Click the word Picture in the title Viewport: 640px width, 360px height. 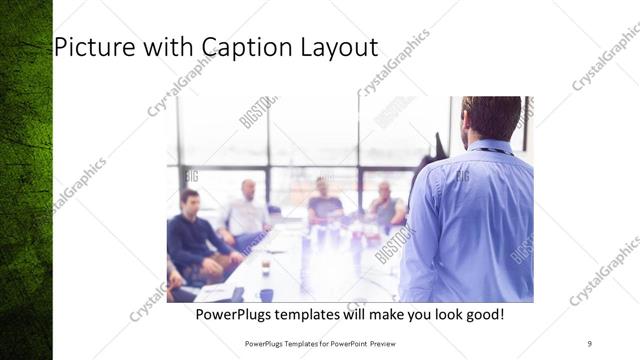click(x=89, y=47)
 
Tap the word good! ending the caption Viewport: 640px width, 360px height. click(x=482, y=315)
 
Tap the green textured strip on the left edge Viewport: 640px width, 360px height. click(x=25, y=180)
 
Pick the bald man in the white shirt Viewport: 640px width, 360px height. click(x=247, y=213)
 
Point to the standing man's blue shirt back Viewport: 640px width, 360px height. click(x=470, y=220)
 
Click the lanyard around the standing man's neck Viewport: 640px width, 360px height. click(x=495, y=152)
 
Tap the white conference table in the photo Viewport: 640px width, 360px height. click(x=300, y=270)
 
